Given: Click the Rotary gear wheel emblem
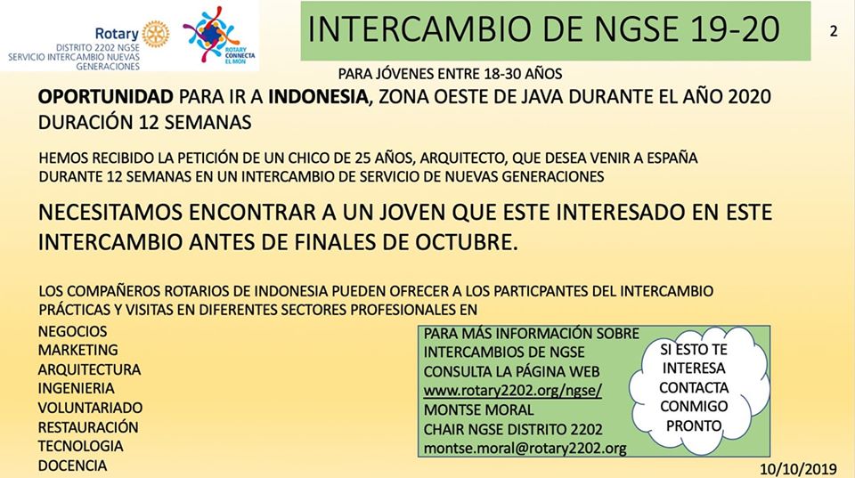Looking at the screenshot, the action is [x=156, y=34].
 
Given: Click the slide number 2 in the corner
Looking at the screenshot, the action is [x=834, y=31].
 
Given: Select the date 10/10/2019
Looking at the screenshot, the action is [x=798, y=469].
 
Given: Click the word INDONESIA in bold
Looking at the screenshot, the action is [x=319, y=96].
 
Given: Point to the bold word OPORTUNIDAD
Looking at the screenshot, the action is [x=106, y=96].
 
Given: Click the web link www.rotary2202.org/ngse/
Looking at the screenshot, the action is [x=513, y=391].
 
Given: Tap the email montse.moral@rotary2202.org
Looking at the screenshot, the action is [x=525, y=448].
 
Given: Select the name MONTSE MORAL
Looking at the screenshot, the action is [x=479, y=409].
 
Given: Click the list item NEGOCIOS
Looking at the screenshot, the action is [x=72, y=331].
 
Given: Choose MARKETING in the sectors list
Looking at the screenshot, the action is [x=78, y=350].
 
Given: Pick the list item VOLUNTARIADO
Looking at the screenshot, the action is [x=91, y=408].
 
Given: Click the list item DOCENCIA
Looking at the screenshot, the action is [x=72, y=466].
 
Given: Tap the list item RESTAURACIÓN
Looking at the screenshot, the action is [x=88, y=426].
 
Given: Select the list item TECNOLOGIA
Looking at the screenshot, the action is [x=81, y=446].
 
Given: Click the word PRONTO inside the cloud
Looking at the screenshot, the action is [x=694, y=425].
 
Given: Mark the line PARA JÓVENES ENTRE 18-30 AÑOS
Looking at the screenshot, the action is [x=450, y=74].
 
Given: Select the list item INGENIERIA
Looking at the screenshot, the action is [x=77, y=388].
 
